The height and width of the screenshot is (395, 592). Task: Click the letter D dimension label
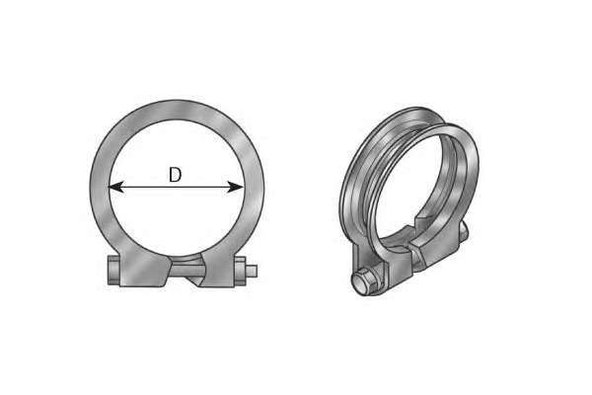[175, 175]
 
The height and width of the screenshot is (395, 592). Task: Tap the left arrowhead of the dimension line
[115, 187]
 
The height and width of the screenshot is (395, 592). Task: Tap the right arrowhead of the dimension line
[236, 187]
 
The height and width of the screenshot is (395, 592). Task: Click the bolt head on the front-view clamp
[113, 271]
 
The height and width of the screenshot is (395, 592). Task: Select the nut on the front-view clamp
[240, 271]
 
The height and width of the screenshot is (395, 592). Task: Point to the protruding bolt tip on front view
[252, 271]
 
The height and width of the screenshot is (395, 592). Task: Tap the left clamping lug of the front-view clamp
[143, 270]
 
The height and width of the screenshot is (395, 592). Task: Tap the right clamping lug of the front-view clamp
[218, 270]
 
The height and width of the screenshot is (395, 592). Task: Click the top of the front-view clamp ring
[177, 111]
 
